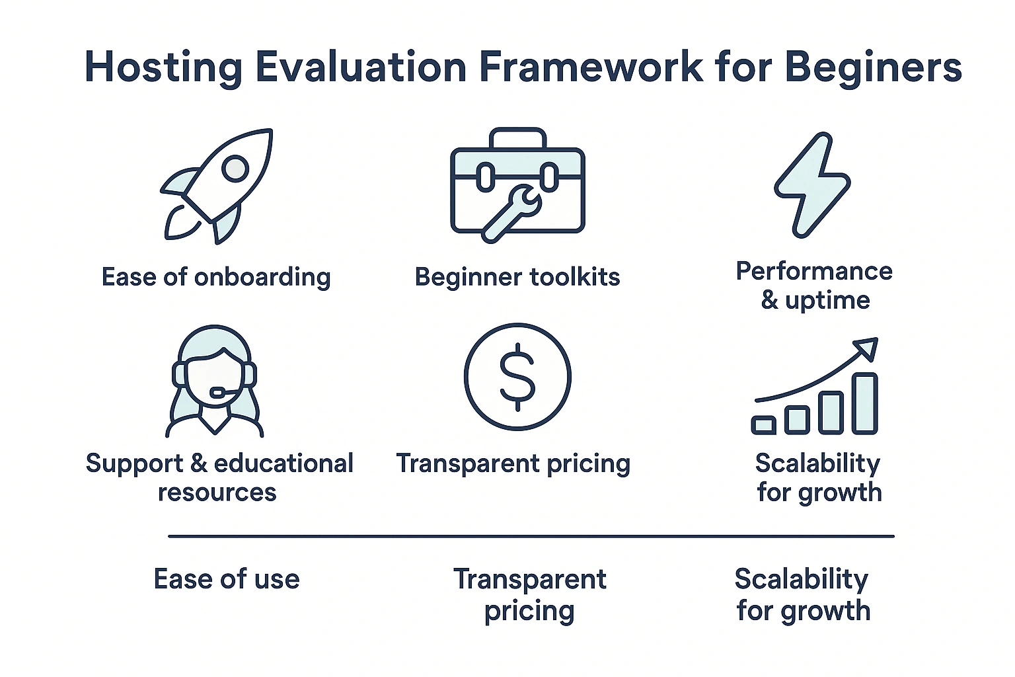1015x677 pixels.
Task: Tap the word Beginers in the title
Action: [873, 67]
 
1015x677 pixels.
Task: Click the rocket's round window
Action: [235, 169]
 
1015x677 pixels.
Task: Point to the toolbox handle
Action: [518, 138]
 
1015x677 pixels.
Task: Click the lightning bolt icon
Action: [812, 184]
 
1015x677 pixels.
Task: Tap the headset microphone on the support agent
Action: [222, 392]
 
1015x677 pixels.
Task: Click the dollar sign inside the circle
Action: [517, 377]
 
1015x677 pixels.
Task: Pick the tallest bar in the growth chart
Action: [865, 403]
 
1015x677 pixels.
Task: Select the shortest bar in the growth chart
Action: [763, 425]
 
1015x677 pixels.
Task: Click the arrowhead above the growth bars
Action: [866, 349]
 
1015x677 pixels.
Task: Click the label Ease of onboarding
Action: [216, 276]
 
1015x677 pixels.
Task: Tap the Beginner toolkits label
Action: [517, 276]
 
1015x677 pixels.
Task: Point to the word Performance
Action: [814, 271]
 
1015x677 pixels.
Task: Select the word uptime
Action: [827, 300]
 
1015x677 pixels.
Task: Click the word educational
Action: [283, 463]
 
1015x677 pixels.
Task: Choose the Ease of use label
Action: [227, 579]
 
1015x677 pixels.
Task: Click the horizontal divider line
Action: [531, 536]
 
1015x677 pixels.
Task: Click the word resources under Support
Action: [217, 492]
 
